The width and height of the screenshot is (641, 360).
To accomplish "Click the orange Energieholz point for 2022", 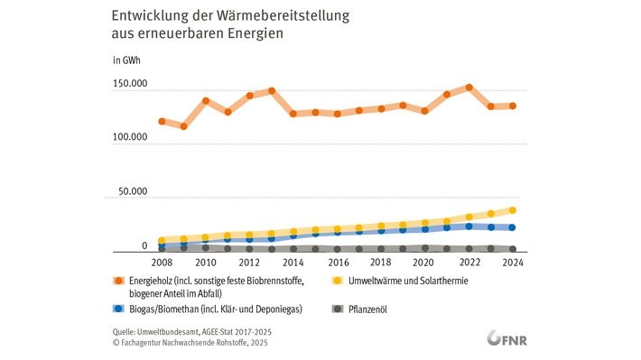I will (x=469, y=88).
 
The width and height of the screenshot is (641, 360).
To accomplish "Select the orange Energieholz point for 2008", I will (x=162, y=121).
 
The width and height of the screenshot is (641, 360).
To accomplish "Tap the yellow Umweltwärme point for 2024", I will (x=513, y=210).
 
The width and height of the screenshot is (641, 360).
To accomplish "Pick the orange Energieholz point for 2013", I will (x=271, y=91).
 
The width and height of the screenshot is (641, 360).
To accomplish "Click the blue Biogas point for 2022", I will (x=469, y=226).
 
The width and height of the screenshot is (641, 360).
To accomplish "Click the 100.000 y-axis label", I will (x=130, y=138).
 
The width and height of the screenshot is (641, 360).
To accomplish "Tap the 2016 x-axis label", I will (x=338, y=263).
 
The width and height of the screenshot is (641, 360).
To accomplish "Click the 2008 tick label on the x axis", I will (x=162, y=263).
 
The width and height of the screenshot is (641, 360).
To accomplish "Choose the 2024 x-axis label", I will (x=513, y=263).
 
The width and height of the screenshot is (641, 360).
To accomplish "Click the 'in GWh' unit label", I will (x=126, y=61).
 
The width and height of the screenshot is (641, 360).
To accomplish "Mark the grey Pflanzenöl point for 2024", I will (x=513, y=249).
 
